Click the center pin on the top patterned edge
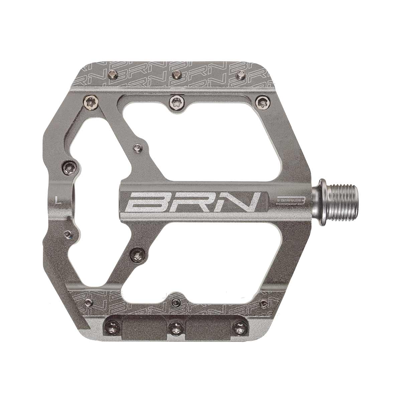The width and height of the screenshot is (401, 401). coord(175,74)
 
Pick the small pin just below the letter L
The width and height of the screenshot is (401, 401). coord(69,234)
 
